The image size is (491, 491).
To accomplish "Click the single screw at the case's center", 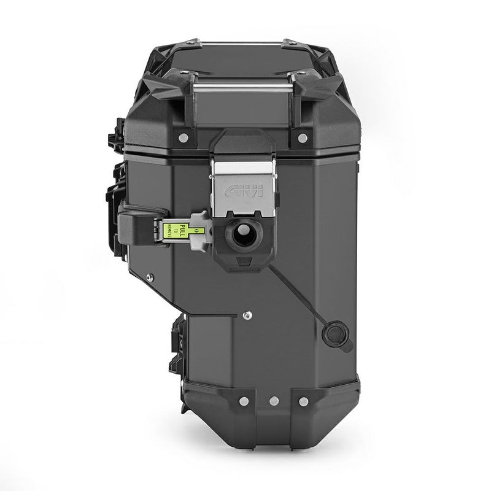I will click(245, 315).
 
